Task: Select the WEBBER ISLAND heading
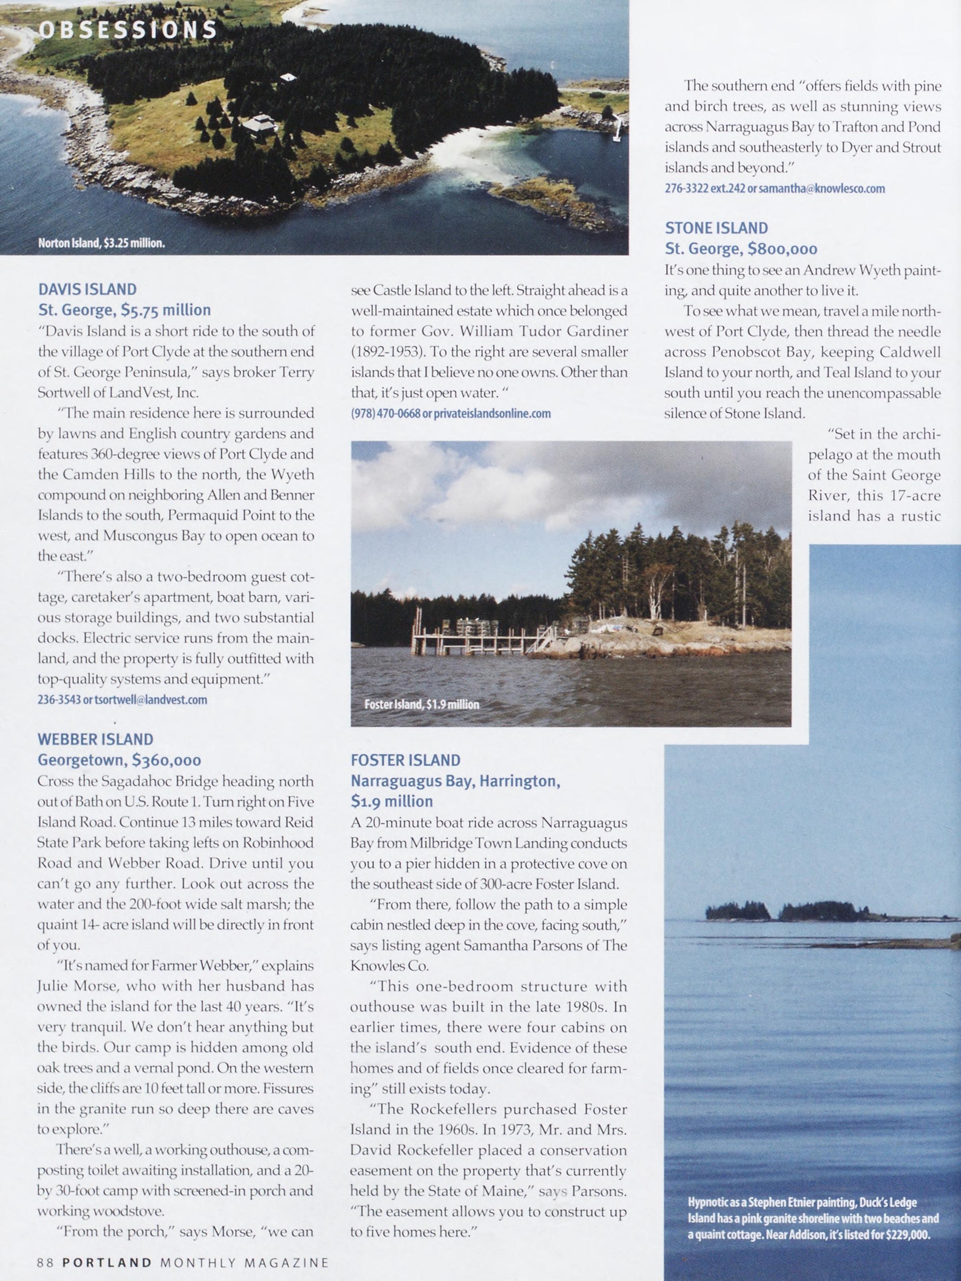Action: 96,739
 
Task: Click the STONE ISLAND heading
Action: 716,228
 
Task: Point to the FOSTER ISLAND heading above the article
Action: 405,760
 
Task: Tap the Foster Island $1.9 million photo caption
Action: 422,704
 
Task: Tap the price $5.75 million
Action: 166,310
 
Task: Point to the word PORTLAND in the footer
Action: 107,1262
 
